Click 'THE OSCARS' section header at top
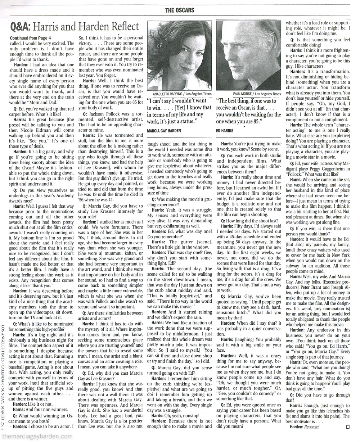click(180, 10)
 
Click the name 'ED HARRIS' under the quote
click(225, 130)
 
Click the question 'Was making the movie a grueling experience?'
click(178, 202)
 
